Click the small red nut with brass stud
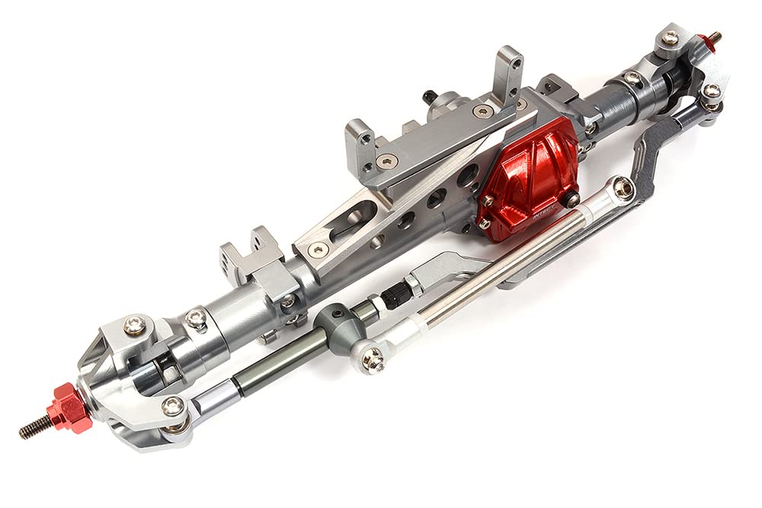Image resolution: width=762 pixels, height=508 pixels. coord(708,40)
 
